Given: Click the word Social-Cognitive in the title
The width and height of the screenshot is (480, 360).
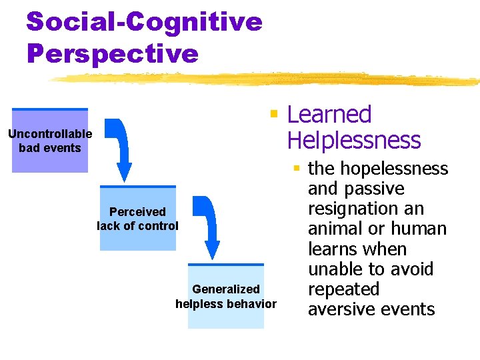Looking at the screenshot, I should pos(144,22).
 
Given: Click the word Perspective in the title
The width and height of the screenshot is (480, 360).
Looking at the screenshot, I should pos(113,53).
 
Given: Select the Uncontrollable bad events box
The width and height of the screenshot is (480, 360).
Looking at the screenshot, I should pos(50,141).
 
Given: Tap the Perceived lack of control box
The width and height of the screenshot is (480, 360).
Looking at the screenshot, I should pos(138,218).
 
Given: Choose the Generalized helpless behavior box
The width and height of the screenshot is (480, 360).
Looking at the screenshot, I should pos(225,296).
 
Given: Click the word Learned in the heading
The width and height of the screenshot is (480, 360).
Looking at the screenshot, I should pos(329,115).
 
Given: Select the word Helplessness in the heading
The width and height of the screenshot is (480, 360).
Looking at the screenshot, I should pos(353,141).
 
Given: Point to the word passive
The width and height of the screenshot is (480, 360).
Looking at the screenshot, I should pos(380,189).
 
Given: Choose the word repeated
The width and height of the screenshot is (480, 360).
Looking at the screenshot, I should pos(343,289).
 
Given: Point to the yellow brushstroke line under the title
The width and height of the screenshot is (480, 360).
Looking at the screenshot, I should pos(267,79).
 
